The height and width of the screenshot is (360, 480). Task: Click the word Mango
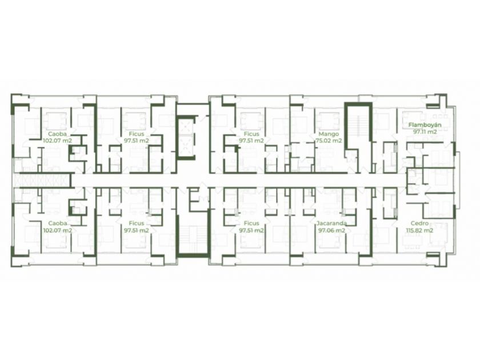pyautogui.click(x=329, y=134)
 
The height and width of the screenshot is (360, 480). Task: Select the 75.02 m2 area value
pyautogui.click(x=329, y=141)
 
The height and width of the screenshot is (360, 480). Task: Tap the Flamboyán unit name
pyautogui.click(x=425, y=125)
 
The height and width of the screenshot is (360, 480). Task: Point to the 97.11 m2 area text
pyautogui.click(x=425, y=132)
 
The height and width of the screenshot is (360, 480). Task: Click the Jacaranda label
pyautogui.click(x=332, y=223)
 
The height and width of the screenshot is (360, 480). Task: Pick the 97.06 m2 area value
pyautogui.click(x=332, y=230)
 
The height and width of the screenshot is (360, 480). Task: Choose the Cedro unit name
pyautogui.click(x=419, y=223)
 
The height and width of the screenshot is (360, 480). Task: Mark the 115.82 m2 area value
pyautogui.click(x=419, y=230)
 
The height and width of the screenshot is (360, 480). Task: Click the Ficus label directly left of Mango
pyautogui.click(x=251, y=134)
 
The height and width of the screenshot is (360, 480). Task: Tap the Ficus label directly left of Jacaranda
pyautogui.click(x=251, y=223)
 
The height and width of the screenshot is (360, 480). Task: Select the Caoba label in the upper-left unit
pyautogui.click(x=58, y=134)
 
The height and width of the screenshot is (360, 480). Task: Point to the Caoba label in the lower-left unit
pyautogui.click(x=58, y=223)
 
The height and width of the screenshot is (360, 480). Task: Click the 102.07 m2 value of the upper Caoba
pyautogui.click(x=58, y=141)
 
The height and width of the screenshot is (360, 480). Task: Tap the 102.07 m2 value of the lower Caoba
pyautogui.click(x=58, y=230)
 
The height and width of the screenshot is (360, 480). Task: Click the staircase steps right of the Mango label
pyautogui.click(x=358, y=126)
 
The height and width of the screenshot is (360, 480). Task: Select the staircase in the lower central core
pyautogui.click(x=194, y=239)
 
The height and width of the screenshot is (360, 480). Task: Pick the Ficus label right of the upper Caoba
pyautogui.click(x=137, y=134)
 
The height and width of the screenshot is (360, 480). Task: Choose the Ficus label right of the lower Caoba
pyautogui.click(x=137, y=223)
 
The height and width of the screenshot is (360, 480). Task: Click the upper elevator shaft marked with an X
pyautogui.click(x=186, y=126)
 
